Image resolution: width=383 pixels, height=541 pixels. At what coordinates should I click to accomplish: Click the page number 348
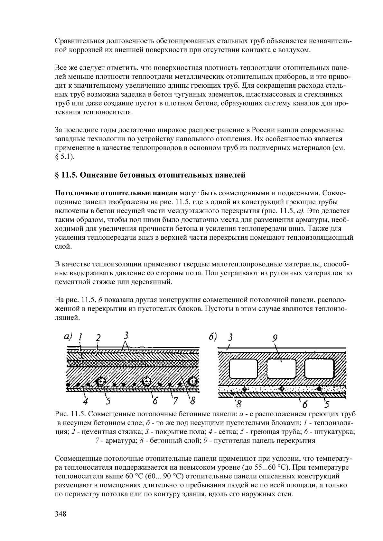(x=61, y=514)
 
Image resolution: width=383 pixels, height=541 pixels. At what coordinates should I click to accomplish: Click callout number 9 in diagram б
(x=275, y=338)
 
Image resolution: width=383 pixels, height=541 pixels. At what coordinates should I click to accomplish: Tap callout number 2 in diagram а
(x=98, y=338)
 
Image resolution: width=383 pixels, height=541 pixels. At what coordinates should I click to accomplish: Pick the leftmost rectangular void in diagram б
(x=243, y=368)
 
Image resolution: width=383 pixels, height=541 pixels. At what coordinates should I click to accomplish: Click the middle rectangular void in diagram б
(x=281, y=368)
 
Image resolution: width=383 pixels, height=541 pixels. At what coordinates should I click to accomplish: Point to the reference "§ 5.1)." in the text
(x=65, y=157)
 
